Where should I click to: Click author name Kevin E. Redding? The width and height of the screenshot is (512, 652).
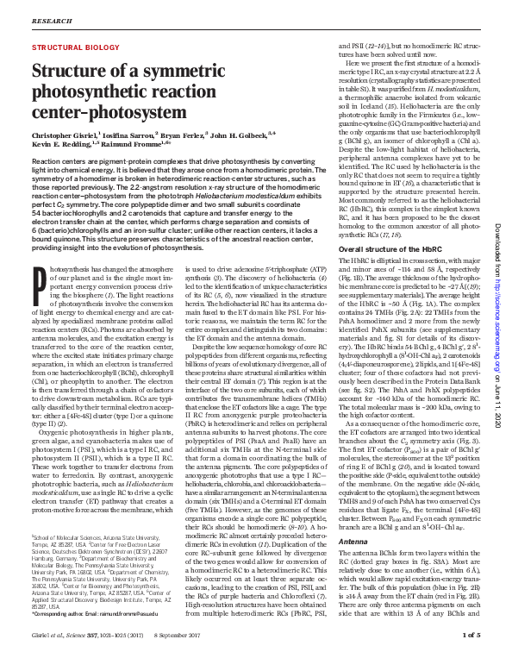pos(62,146)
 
